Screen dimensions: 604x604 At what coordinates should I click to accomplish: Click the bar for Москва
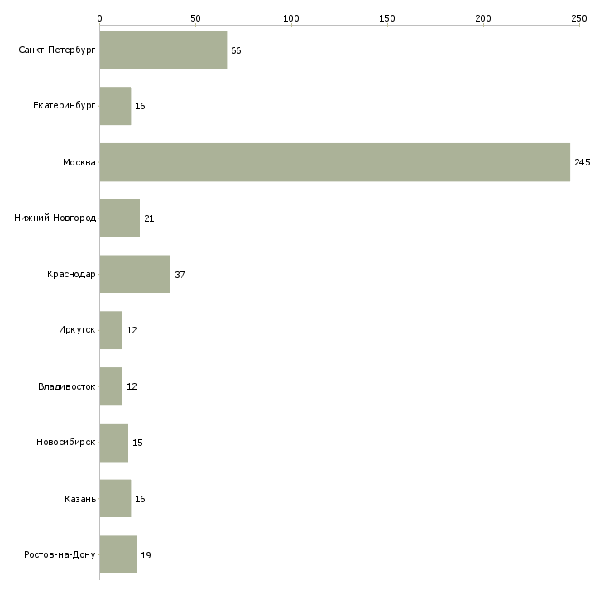334,162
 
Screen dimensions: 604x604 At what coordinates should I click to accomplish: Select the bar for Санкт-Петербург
163,50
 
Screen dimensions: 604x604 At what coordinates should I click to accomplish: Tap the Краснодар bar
135,274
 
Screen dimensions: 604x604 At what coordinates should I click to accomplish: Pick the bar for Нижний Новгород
119,218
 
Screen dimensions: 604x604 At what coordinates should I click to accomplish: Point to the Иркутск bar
111,330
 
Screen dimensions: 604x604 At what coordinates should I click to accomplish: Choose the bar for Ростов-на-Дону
117,554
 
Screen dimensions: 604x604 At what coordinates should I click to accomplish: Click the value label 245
582,162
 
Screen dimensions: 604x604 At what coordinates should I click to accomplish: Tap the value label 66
236,50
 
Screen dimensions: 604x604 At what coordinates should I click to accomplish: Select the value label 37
180,274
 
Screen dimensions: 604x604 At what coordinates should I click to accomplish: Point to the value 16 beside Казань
140,499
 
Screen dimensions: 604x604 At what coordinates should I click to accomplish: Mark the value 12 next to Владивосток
132,386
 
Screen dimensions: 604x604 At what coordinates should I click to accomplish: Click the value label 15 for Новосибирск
137,443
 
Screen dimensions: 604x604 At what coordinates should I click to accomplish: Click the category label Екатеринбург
65,106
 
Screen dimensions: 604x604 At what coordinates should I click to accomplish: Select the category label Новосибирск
66,443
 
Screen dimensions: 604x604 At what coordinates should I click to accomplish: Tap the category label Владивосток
67,386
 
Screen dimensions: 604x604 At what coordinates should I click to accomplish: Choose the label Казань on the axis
80,499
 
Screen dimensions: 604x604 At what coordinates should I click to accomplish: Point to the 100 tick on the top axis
290,17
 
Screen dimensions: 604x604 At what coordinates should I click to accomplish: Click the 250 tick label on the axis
578,17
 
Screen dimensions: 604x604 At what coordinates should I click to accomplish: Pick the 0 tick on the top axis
99,17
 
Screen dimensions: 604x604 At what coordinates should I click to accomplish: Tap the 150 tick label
386,17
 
